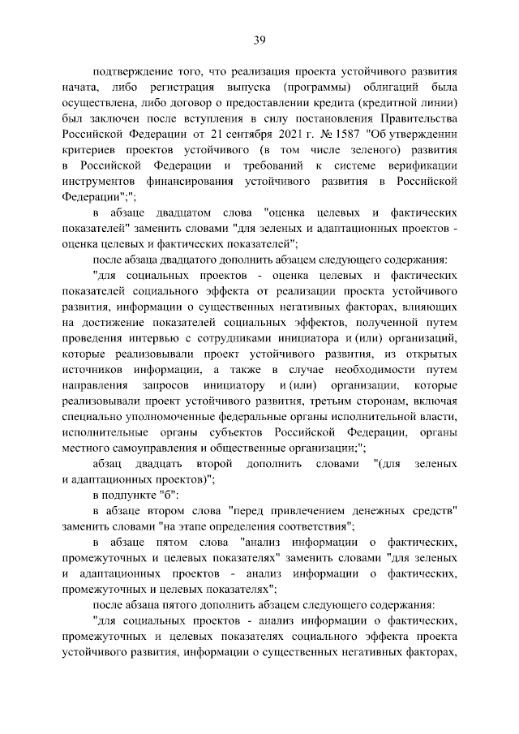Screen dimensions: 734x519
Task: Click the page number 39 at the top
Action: point(259,39)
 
